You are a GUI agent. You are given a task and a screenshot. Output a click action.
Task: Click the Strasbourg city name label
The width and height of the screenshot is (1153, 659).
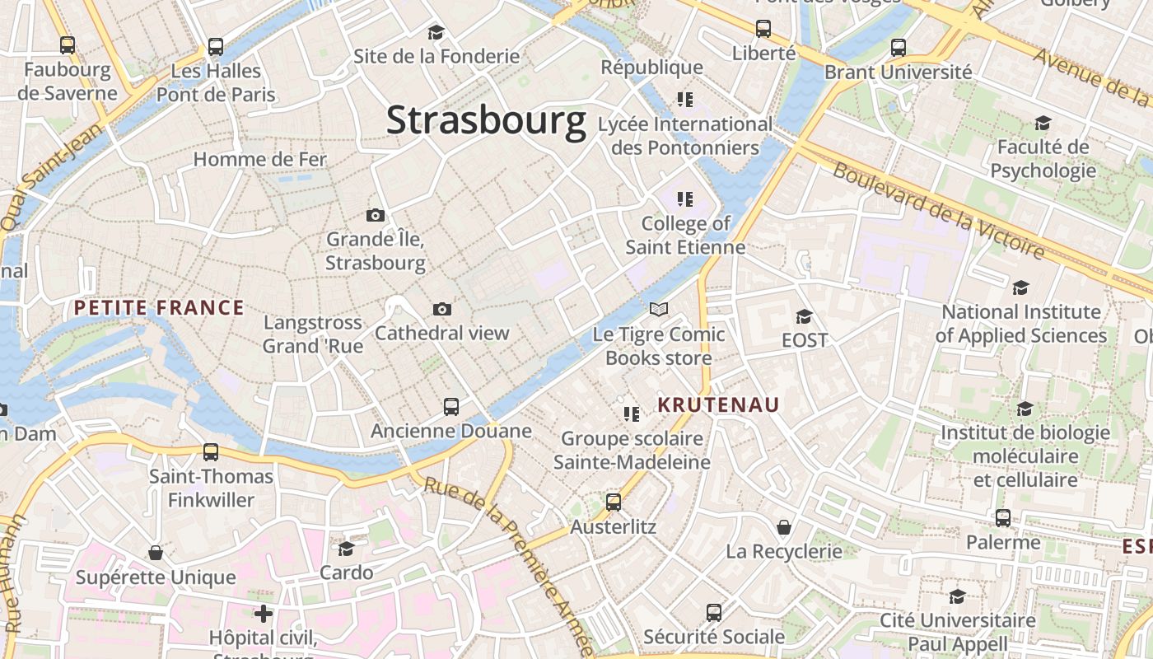point(486,120)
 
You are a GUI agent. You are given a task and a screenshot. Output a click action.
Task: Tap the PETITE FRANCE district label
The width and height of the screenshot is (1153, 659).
point(159,308)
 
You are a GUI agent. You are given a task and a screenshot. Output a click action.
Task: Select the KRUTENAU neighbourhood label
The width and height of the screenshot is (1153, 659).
point(718,404)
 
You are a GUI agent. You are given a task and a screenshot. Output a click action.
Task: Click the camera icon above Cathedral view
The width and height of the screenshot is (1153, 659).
point(442,310)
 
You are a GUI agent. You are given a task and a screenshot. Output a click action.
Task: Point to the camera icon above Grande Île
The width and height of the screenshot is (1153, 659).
point(376,216)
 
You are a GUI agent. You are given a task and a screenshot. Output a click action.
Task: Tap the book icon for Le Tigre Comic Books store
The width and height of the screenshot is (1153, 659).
point(659,310)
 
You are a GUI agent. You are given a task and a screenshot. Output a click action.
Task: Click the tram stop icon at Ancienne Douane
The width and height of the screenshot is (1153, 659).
point(451,406)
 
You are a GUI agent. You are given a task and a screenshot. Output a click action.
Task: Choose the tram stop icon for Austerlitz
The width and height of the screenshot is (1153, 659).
point(614,502)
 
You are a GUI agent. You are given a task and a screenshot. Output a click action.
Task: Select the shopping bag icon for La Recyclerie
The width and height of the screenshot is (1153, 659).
point(784,526)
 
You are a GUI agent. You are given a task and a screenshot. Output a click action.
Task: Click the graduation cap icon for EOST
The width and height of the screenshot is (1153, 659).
point(804,316)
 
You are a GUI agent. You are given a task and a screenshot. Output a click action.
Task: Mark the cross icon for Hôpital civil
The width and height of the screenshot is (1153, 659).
point(264,614)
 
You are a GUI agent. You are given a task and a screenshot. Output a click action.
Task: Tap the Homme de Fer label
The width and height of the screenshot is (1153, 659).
point(260,159)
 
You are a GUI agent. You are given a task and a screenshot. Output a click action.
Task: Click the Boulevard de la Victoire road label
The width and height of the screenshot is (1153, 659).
point(939,209)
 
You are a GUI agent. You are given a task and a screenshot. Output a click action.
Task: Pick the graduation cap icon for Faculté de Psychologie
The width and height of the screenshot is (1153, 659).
point(1043,124)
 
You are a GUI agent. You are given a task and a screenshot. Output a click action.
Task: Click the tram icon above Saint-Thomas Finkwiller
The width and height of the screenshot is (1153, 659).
point(211,451)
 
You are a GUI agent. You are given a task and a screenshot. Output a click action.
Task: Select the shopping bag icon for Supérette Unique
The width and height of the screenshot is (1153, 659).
point(156,553)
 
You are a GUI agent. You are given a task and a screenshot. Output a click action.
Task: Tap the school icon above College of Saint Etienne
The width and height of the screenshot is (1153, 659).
point(685,199)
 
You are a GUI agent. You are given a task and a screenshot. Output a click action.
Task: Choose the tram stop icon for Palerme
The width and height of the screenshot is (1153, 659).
point(1003,518)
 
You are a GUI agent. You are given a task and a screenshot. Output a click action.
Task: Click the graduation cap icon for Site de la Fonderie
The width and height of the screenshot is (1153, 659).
point(436,32)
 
